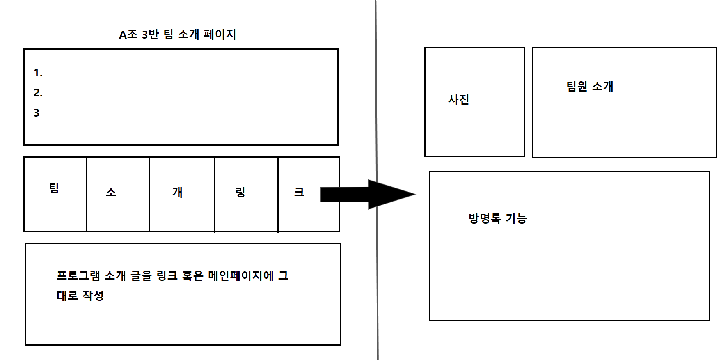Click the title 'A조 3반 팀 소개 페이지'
(x=177, y=34)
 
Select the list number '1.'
(x=38, y=73)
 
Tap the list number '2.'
(x=38, y=93)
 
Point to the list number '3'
(x=37, y=113)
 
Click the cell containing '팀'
(x=54, y=188)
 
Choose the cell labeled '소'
(x=111, y=192)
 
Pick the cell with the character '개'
(x=177, y=192)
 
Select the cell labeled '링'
(x=240, y=192)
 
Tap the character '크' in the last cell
(x=299, y=192)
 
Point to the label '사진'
(x=458, y=99)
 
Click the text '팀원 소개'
(x=590, y=87)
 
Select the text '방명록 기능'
(x=497, y=218)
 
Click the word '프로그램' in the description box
(x=78, y=275)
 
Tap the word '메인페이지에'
(x=240, y=275)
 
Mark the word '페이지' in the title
(x=220, y=34)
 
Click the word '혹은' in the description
(x=192, y=275)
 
